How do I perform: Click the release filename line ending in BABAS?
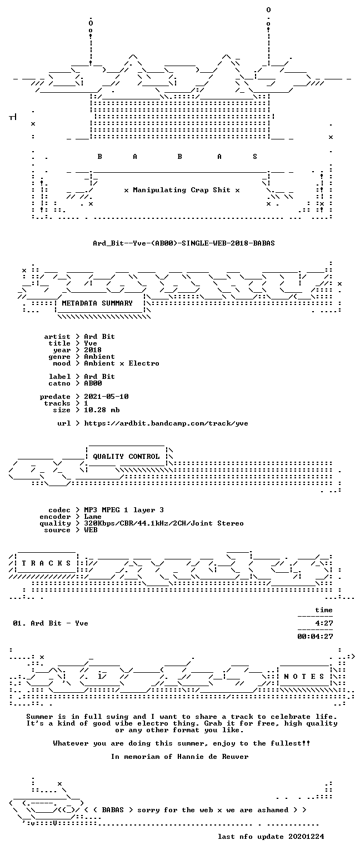pos(184,243)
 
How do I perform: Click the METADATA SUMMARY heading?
pos(97,303)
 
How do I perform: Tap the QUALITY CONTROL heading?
pos(126,457)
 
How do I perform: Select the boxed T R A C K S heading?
pos(46,563)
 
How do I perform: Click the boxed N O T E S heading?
pos(304,677)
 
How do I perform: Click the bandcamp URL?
pos(166,423)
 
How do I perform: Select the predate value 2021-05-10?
pos(106,397)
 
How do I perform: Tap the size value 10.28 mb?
pos(102,410)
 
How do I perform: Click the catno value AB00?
pos(93,383)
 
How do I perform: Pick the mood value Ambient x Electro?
pos(122,363)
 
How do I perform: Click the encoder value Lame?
pos(93,517)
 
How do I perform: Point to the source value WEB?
pos(91,530)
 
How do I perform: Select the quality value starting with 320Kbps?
pos(164,523)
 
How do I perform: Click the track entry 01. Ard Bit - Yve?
pos(50,623)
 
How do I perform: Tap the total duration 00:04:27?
pos(315,637)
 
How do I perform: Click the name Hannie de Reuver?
pos(213,757)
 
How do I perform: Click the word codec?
pos(59,510)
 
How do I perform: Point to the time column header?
pos(324,610)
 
